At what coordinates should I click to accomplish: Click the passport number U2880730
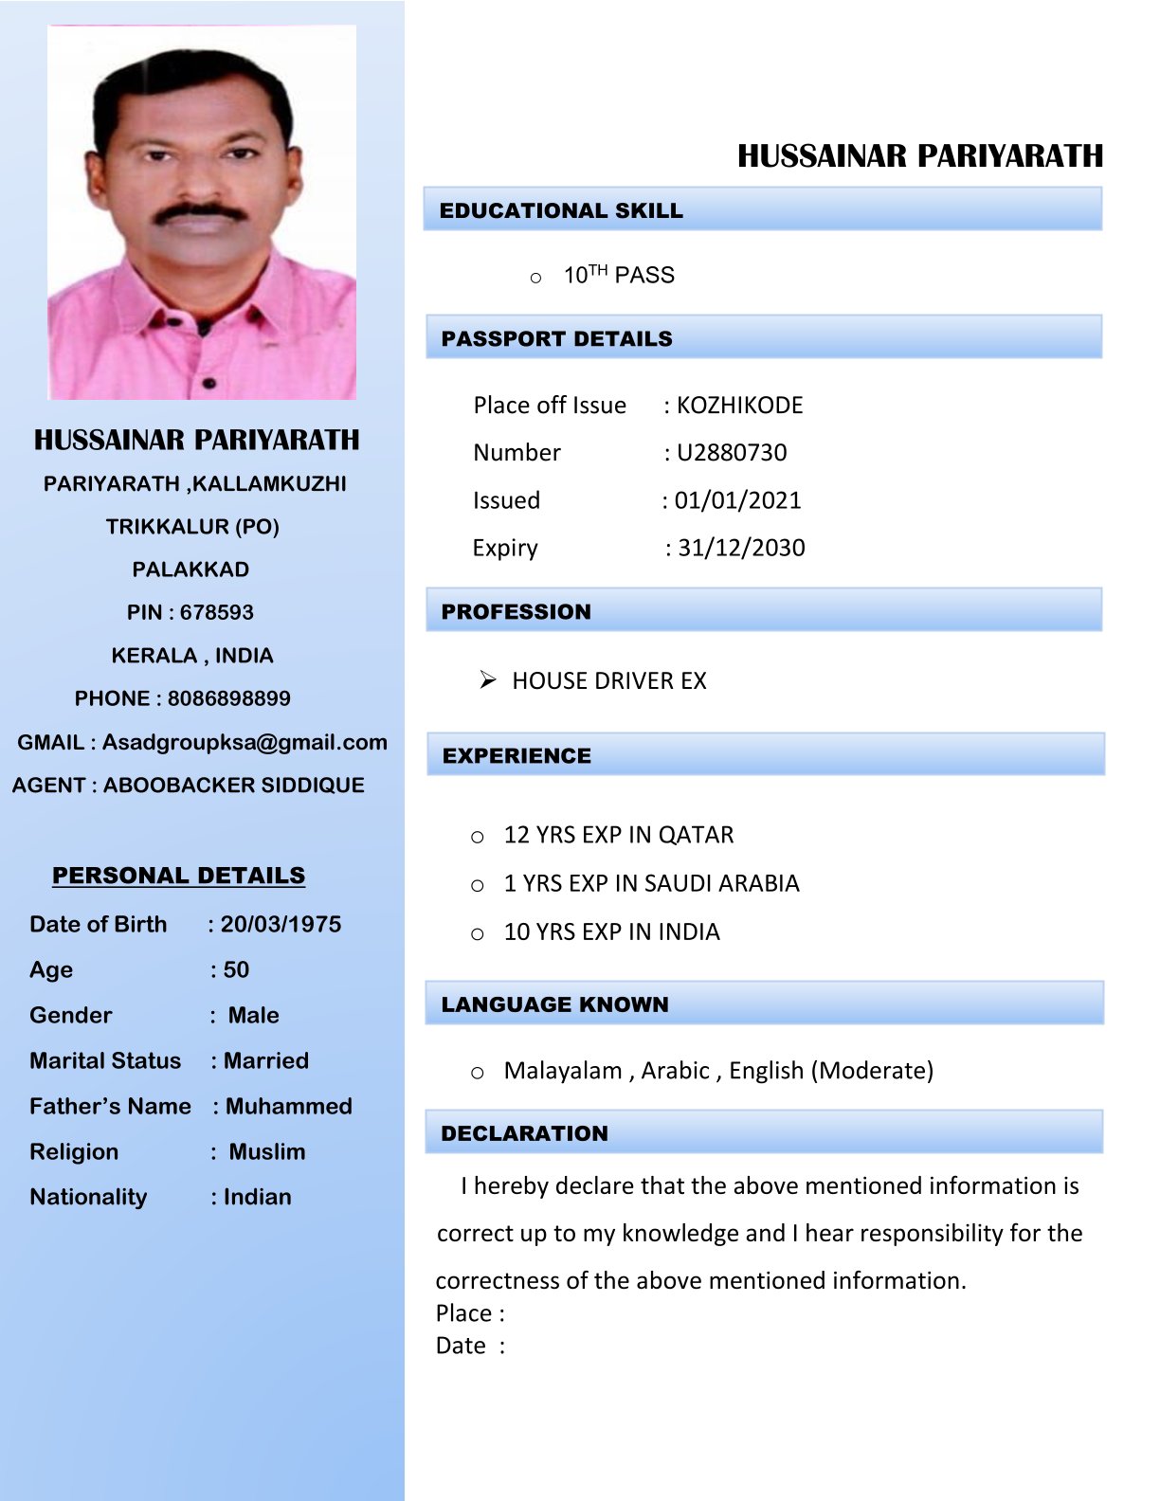click(732, 453)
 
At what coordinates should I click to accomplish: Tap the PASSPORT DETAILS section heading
click(556, 338)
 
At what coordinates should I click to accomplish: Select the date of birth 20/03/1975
click(281, 924)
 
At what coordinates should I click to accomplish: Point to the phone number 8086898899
click(229, 698)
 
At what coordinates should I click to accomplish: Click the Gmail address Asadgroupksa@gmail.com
click(245, 742)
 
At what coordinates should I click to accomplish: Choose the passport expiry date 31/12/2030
click(741, 548)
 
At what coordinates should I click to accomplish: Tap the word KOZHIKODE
click(739, 406)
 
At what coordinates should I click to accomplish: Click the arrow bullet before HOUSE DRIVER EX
click(487, 680)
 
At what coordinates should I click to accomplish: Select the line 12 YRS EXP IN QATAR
click(618, 835)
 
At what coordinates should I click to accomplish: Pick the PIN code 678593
click(217, 612)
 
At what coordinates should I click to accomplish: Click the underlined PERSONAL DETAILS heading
click(178, 876)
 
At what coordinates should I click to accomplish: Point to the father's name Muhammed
click(288, 1106)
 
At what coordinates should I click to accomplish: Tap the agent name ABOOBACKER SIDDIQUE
click(234, 785)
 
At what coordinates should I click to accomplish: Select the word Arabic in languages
click(675, 1071)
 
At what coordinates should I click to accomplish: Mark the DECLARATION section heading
click(524, 1133)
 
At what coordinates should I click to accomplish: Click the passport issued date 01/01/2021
click(737, 500)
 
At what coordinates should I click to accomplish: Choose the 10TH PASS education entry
click(619, 276)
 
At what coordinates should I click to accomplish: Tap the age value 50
click(236, 969)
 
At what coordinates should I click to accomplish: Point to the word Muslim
click(267, 1151)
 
